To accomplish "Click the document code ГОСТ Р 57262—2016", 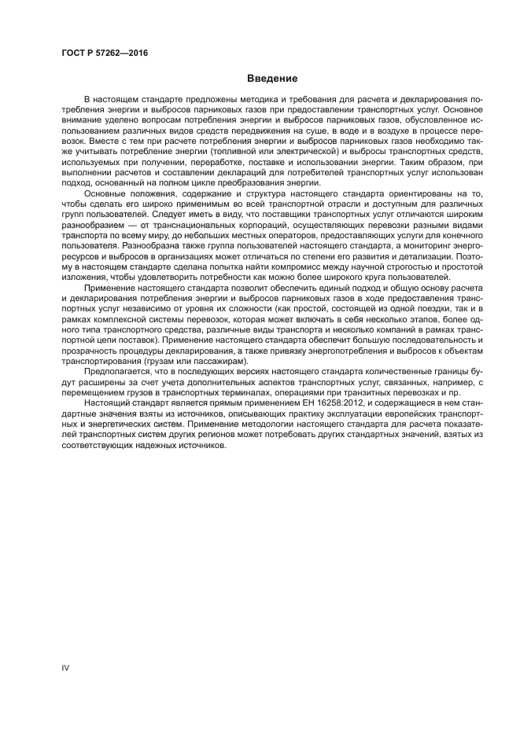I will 104,53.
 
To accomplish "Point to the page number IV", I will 66,668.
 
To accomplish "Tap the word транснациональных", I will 156,224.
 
